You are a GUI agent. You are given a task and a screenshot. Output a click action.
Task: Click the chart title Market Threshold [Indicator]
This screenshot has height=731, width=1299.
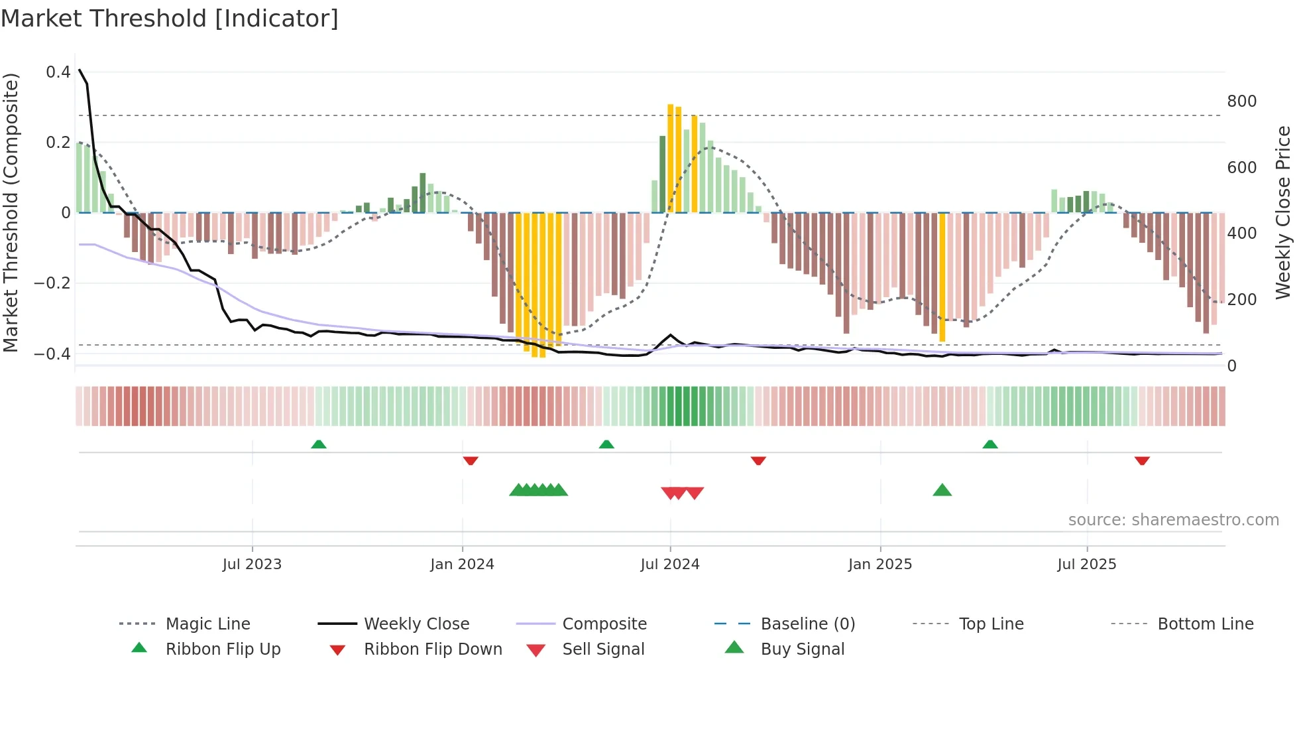[170, 19]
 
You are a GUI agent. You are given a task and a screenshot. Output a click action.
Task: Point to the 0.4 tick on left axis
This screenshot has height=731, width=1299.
[58, 72]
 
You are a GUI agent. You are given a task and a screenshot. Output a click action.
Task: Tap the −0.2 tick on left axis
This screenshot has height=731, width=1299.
[52, 283]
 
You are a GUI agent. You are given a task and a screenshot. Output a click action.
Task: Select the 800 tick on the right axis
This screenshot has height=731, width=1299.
[1241, 101]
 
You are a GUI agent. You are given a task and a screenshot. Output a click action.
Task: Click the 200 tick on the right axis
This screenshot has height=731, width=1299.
[1241, 300]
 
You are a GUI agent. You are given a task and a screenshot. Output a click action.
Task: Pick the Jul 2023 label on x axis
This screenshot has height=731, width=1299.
[252, 565]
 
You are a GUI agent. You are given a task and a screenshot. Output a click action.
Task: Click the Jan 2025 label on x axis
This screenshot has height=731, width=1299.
[880, 565]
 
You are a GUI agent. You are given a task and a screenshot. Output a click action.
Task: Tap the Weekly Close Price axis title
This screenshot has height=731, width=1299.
[1283, 212]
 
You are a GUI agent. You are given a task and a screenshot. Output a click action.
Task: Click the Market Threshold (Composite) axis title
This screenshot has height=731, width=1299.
[11, 212]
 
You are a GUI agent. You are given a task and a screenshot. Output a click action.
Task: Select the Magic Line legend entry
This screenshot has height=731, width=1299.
[207, 624]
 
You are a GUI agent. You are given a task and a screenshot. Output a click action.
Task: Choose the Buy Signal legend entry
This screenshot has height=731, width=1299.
[802, 649]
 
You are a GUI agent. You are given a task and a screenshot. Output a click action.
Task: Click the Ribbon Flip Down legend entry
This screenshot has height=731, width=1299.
[432, 649]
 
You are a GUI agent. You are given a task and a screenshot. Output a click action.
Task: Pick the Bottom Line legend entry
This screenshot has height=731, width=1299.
[1205, 624]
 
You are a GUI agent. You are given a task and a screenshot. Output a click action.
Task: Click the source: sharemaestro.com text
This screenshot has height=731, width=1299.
[1173, 520]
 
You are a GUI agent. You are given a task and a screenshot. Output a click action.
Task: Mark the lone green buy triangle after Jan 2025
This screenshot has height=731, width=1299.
[942, 490]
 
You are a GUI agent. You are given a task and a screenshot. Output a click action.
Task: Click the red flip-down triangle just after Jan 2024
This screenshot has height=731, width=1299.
[471, 460]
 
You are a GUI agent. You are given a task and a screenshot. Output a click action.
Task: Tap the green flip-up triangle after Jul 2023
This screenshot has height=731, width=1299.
[319, 444]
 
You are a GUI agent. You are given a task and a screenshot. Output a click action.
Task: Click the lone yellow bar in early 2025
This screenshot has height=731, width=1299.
[942, 277]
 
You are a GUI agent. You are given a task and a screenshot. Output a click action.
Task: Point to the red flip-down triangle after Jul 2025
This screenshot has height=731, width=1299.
[1142, 460]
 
